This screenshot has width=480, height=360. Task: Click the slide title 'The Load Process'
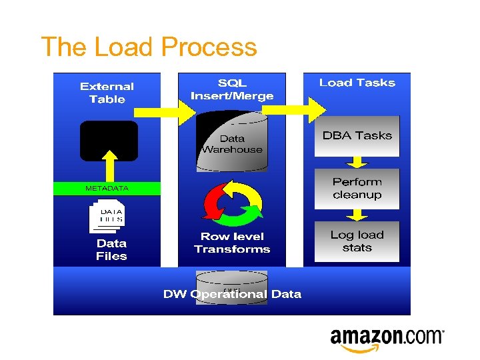[x=149, y=47]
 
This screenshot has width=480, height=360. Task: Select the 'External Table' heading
[x=107, y=93]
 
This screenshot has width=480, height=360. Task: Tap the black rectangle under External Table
[x=109, y=141]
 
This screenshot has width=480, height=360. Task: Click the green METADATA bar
[x=107, y=189]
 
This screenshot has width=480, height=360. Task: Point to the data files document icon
[x=107, y=215]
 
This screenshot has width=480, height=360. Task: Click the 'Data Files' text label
[x=111, y=250]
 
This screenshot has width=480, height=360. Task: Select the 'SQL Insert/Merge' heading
[x=232, y=89]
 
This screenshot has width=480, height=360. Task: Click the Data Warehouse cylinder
[x=232, y=142]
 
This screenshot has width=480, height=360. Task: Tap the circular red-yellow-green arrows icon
[x=233, y=201]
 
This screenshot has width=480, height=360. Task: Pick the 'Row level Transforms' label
[x=232, y=243]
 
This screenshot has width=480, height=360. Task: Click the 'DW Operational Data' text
[x=232, y=294]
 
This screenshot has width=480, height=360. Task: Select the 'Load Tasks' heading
[x=357, y=83]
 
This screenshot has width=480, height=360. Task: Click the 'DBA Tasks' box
[x=357, y=136]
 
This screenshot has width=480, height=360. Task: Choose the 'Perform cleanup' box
[x=357, y=188]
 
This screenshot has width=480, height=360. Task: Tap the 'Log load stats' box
[x=357, y=241]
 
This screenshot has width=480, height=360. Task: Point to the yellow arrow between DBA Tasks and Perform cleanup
[x=357, y=162]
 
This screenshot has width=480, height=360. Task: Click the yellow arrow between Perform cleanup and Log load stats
[x=357, y=215]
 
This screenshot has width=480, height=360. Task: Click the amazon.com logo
[x=387, y=339]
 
